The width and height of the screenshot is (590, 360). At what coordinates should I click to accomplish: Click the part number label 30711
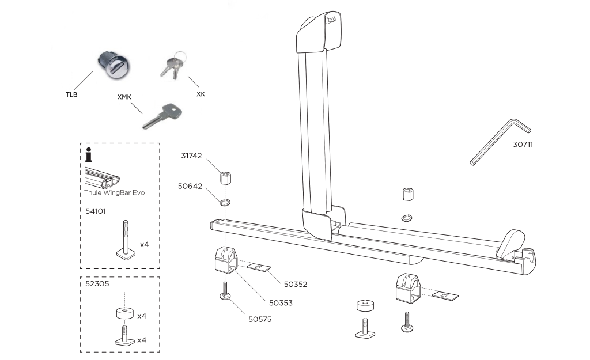coord(523,145)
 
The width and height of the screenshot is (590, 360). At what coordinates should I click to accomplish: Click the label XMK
coord(124,98)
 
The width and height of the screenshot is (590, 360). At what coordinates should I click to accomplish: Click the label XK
coord(201,93)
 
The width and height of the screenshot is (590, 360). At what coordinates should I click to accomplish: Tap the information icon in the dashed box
coord(88,156)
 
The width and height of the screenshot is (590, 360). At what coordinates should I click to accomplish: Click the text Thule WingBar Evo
coord(114,193)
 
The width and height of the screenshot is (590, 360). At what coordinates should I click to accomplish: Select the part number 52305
coord(96,284)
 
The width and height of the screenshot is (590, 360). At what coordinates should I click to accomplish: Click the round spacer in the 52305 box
coord(124,314)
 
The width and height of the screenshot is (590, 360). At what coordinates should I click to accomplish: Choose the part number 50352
coord(295,283)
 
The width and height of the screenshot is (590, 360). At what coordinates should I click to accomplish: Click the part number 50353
coord(281,302)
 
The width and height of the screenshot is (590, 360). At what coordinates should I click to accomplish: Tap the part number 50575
coord(260,318)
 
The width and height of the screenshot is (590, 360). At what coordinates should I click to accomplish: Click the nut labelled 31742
coord(226,176)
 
